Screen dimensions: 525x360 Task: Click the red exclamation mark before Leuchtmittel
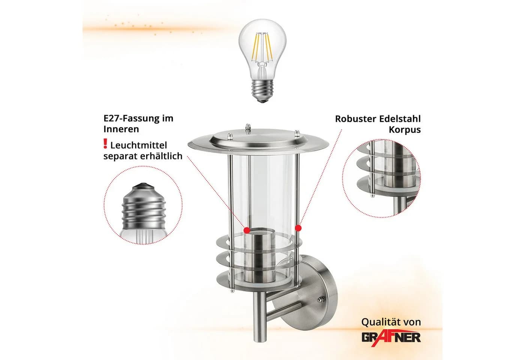point(105,144)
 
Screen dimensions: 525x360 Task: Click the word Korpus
point(405,130)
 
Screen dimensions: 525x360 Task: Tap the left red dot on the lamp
point(247,230)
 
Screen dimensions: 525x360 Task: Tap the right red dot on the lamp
point(298,228)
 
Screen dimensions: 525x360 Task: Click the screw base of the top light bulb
point(262,91)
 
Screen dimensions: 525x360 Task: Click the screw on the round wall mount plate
point(320,300)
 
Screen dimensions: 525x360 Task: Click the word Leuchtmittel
point(138,145)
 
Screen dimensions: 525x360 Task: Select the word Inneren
point(121,129)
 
